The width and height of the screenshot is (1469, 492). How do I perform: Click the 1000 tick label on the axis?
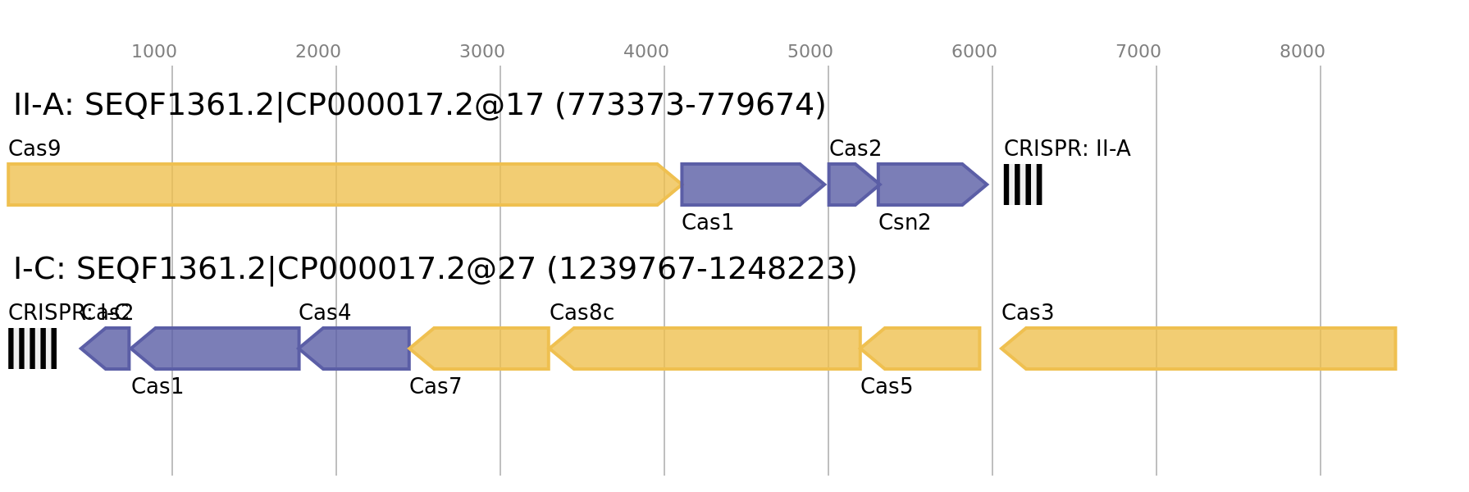[x=153, y=52]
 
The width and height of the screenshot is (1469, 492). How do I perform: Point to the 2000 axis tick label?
[x=317, y=52]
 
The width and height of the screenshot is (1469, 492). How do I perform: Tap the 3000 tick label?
[x=481, y=52]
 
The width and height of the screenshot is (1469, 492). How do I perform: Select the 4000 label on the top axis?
[x=646, y=52]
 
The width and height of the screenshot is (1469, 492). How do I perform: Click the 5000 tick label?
[x=810, y=52]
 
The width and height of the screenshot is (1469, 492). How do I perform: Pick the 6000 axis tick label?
[x=974, y=52]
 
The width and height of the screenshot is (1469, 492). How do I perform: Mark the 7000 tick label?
[x=1138, y=52]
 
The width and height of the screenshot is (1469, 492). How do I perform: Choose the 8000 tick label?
[x=1302, y=52]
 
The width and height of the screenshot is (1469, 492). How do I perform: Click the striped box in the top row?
[x=1022, y=184]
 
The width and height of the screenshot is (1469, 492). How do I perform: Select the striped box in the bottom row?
[x=32, y=348]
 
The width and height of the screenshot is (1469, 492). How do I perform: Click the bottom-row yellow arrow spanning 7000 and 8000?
[x=1202, y=348]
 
